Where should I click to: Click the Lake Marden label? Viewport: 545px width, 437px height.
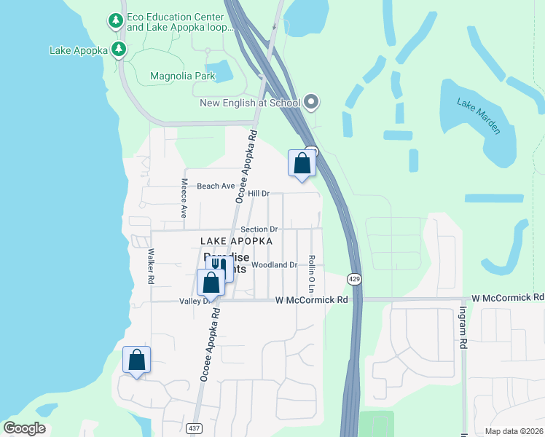479,116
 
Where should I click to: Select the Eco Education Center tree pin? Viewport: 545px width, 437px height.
115,21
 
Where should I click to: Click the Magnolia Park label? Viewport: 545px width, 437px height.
182,76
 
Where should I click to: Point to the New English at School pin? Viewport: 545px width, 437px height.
312,103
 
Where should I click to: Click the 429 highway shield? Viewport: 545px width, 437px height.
353,279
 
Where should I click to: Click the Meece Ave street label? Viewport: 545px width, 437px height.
184,198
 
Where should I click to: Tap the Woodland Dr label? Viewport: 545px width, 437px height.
275,265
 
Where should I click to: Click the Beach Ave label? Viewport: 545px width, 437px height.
215,186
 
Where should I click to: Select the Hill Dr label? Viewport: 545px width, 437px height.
259,194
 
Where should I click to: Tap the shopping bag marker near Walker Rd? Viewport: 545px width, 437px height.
136,359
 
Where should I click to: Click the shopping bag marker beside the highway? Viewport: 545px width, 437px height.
301,163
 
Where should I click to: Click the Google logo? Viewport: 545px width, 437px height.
24,428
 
